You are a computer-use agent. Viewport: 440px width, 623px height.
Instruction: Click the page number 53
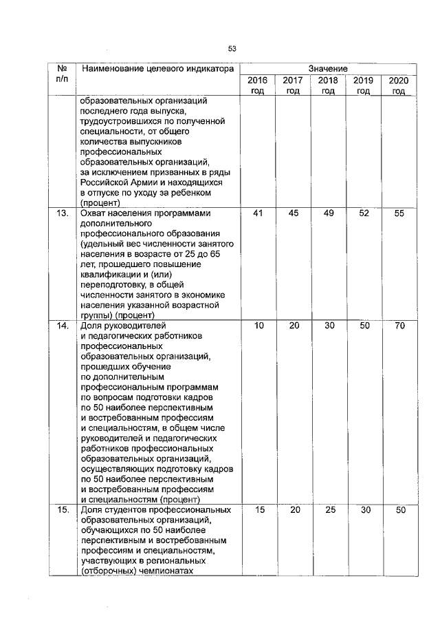(232, 48)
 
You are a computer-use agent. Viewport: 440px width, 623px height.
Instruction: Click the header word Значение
(328, 69)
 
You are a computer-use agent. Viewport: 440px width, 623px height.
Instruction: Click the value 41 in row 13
(258, 213)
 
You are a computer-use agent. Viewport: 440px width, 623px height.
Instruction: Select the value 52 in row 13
(364, 213)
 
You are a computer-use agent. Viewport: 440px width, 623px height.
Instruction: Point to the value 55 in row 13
(399, 213)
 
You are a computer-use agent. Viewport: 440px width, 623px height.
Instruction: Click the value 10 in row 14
(258, 326)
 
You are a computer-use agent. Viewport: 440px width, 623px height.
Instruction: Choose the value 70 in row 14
(399, 326)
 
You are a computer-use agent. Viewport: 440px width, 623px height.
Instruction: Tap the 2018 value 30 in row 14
(329, 326)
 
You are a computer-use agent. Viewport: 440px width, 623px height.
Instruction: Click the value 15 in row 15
(258, 510)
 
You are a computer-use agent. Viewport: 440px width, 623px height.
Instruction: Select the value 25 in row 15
(329, 510)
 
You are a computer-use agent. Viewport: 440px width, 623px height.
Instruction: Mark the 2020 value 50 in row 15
(399, 510)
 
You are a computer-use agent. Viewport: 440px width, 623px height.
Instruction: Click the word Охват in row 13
(94, 213)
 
